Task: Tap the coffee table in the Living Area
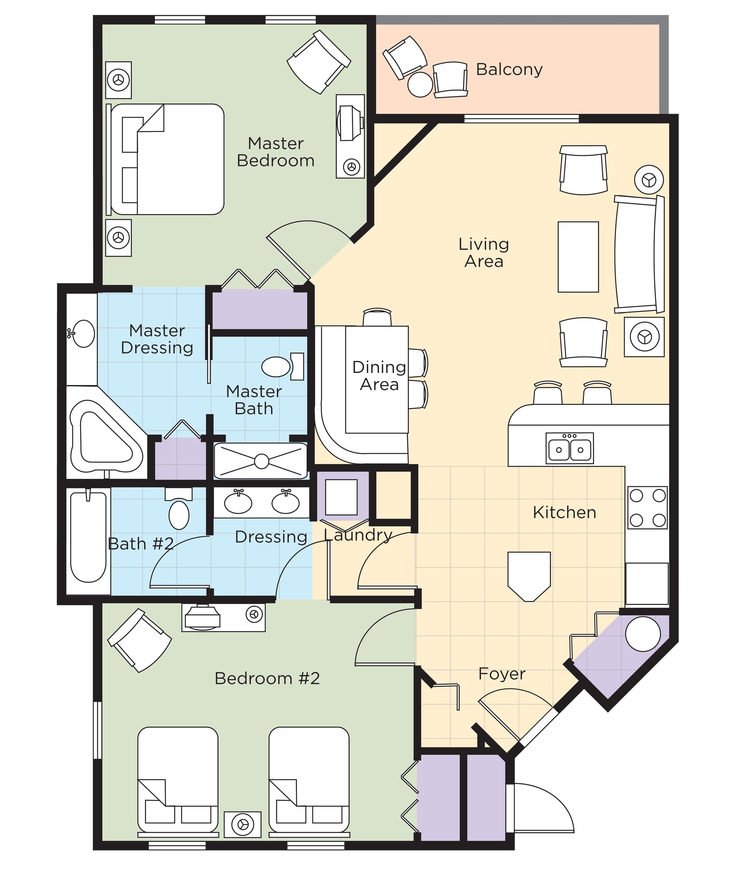pos(578,257)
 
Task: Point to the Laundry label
pos(357,535)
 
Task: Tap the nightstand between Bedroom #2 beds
pos(243,824)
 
